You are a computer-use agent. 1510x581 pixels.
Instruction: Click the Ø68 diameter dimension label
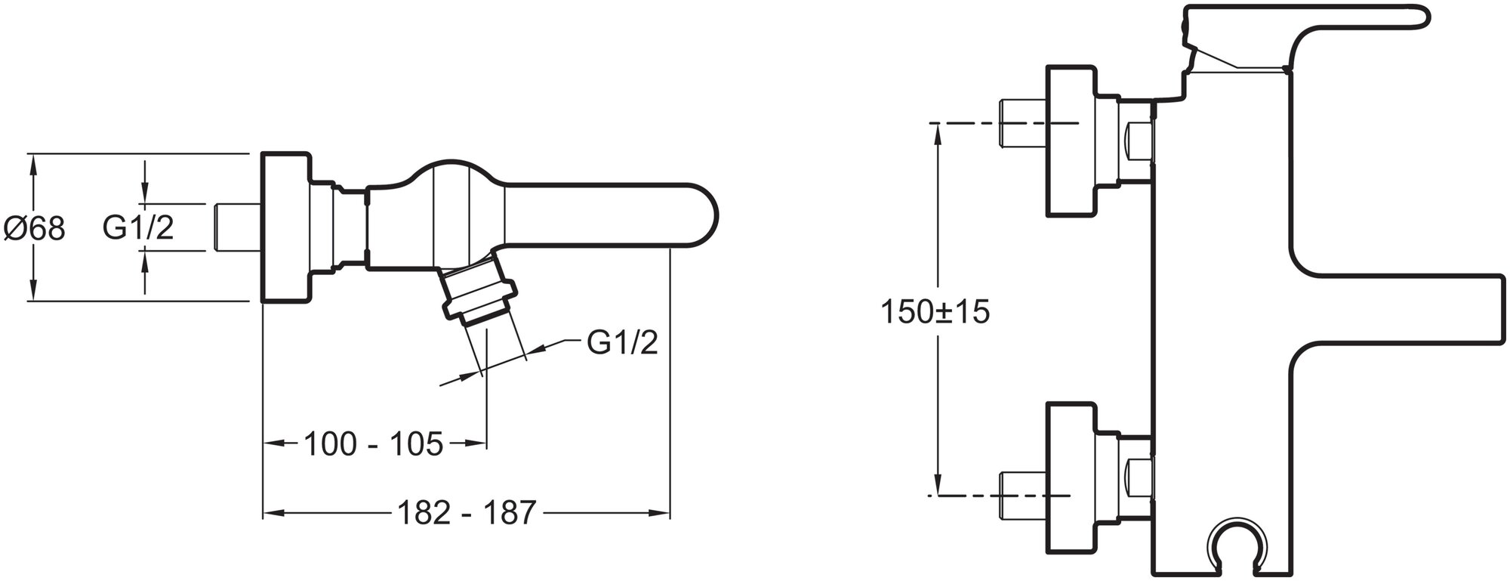click(35, 227)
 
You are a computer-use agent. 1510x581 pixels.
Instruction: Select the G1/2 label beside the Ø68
click(138, 227)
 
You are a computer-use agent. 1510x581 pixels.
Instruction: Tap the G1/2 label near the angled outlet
click(622, 343)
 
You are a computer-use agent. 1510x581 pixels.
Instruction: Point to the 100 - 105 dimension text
click(373, 444)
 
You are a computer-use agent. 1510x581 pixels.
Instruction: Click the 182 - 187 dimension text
click(466, 514)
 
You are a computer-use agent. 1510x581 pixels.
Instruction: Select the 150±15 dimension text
click(935, 311)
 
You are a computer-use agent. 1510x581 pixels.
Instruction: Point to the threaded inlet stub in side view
click(236, 227)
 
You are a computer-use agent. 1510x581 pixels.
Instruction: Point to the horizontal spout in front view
click(1404, 310)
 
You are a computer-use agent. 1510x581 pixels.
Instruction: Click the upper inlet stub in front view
click(1021, 124)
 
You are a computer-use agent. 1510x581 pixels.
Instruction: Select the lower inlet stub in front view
click(1021, 495)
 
